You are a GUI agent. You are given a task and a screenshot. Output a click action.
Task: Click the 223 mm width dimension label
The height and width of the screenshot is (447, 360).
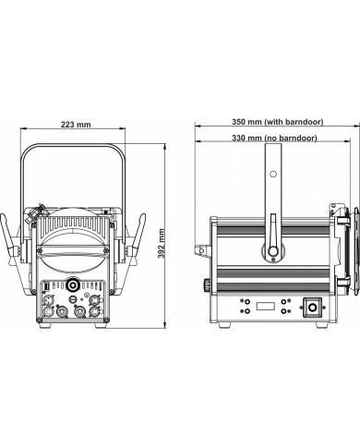pos(76,125)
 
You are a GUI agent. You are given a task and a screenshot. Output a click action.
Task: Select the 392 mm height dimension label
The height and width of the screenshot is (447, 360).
pos(162,244)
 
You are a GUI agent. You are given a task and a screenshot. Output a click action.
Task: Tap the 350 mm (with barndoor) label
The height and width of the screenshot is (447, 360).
pos(278,122)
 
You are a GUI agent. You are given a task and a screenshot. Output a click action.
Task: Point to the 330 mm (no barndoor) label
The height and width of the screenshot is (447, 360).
pos(274,139)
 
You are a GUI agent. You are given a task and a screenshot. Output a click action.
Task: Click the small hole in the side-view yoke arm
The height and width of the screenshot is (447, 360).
pos(273,175)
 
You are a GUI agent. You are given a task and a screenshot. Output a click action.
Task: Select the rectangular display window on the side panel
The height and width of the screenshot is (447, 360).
pos(266,307)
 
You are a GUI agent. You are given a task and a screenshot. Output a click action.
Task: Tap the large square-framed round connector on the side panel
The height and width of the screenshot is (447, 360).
pos(313,308)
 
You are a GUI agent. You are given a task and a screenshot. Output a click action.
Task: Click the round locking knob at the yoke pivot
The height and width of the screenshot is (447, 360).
pos(273,251)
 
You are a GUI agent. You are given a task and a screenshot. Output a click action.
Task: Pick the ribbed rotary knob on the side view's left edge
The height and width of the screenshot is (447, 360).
pos(207,284)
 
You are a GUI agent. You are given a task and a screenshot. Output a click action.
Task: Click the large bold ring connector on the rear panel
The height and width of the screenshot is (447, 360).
pos(73,284)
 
